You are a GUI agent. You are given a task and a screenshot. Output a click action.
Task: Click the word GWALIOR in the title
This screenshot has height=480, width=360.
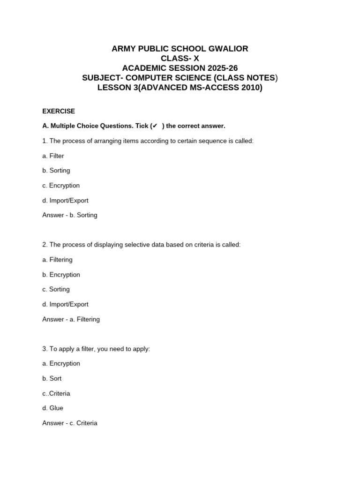228,49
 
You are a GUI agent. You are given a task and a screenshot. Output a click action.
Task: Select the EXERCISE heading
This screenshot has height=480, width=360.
59,111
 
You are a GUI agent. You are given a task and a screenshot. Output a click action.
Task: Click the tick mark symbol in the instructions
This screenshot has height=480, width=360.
155,126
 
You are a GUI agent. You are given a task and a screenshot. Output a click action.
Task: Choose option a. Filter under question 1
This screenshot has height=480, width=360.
53,156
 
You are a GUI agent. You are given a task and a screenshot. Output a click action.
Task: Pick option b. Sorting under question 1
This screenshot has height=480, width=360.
56,171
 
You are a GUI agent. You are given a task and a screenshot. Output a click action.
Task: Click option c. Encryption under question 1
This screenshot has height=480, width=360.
61,186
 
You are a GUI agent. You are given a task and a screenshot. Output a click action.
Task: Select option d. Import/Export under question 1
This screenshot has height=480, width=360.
65,201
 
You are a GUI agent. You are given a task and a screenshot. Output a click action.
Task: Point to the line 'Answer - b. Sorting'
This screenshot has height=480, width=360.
70,215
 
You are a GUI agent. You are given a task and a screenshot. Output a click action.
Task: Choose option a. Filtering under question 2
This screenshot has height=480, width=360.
57,260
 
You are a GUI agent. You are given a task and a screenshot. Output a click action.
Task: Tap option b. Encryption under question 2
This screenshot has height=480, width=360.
61,275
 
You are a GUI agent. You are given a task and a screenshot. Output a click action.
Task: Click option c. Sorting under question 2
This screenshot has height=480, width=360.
56,289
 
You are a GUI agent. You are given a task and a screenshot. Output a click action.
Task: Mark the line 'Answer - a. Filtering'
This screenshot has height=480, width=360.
71,319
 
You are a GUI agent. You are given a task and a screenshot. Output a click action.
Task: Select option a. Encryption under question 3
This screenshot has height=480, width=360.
61,363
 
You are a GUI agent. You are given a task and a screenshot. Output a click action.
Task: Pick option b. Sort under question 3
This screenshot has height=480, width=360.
52,378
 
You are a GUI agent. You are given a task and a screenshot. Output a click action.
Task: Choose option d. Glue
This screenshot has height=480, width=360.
52,408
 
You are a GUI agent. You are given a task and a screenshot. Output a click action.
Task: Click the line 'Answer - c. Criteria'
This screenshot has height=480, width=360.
70,423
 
